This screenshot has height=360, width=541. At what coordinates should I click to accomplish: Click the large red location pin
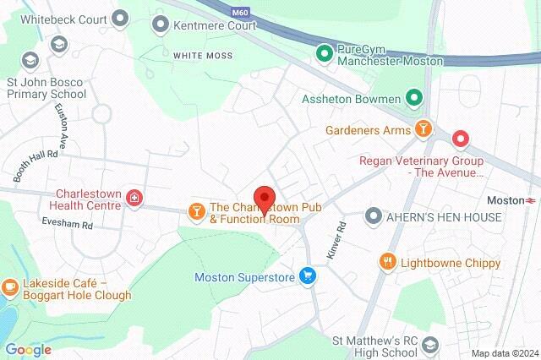(x=265, y=200)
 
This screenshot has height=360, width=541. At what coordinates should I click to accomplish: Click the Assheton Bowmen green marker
(x=413, y=99)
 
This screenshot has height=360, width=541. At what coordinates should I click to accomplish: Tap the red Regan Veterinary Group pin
(x=460, y=137)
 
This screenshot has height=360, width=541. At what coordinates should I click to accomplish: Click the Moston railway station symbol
(x=531, y=200)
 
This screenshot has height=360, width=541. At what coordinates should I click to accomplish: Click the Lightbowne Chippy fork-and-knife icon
(x=388, y=261)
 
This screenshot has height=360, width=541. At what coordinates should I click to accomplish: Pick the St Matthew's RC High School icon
(x=430, y=345)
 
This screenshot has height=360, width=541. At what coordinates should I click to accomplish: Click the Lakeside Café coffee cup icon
(x=11, y=288)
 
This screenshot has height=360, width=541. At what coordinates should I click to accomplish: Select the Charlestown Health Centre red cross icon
(x=133, y=199)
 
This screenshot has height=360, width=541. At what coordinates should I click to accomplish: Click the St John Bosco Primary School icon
(x=30, y=60)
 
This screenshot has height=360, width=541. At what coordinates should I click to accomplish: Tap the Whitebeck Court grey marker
(x=120, y=17)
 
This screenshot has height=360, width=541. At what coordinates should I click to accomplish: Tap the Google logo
(x=28, y=349)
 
